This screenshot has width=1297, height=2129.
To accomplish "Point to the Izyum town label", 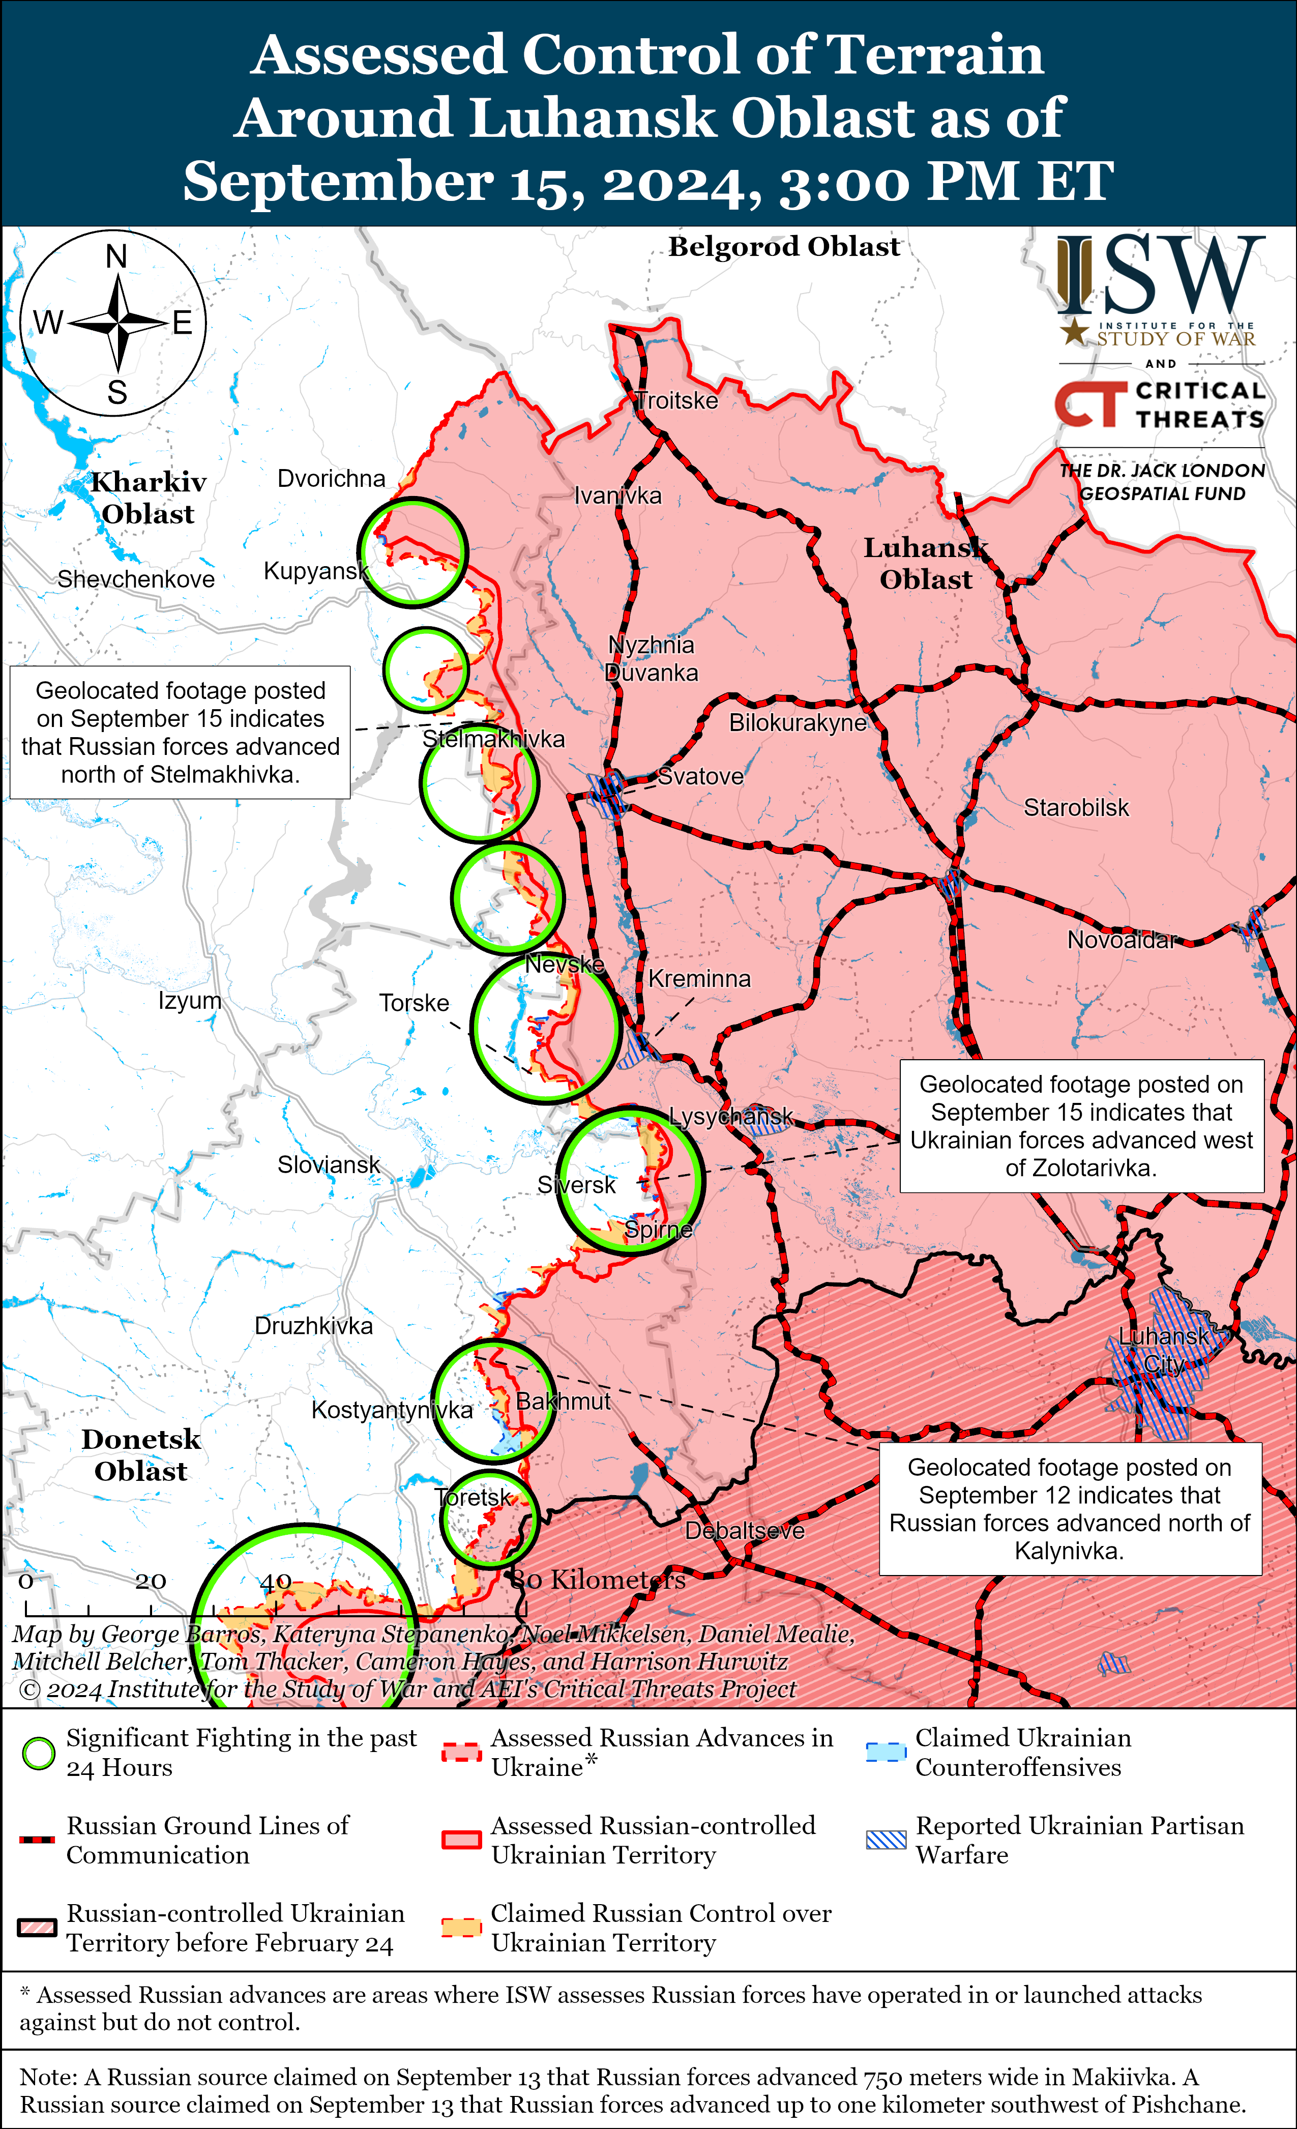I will pyautogui.click(x=189, y=1001).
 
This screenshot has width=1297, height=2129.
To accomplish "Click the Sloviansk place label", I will pyautogui.click(x=329, y=1165).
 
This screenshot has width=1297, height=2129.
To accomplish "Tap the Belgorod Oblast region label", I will pyautogui.click(x=784, y=247).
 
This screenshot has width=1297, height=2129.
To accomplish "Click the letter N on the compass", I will pyautogui.click(x=116, y=256).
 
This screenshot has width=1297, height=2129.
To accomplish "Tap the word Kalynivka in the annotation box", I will pyautogui.click(x=1069, y=1551).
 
